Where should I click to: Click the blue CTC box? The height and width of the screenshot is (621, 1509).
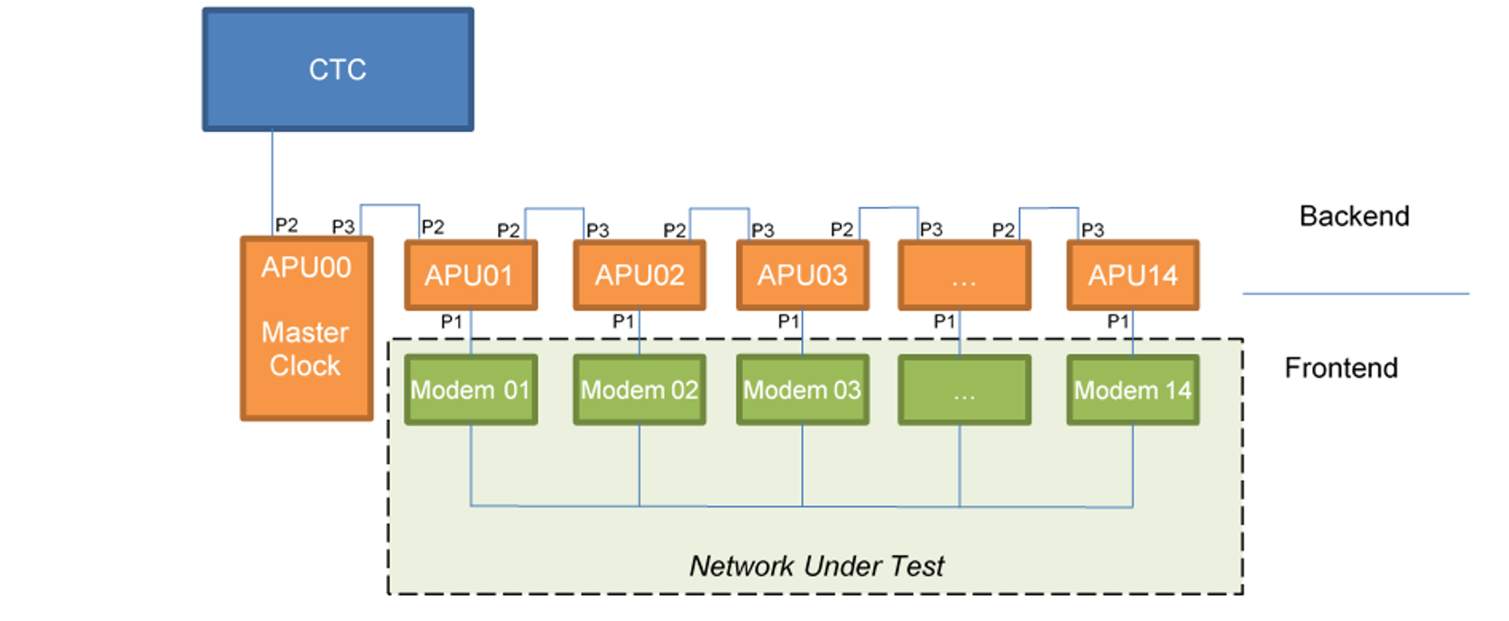click(338, 70)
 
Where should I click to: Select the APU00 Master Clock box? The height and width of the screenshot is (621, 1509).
click(308, 329)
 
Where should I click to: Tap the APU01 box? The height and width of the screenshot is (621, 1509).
click(471, 275)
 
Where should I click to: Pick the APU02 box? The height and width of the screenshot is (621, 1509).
click(639, 275)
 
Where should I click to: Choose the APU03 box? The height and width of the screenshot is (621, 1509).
click(803, 275)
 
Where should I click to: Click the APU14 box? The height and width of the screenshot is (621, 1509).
click(1133, 275)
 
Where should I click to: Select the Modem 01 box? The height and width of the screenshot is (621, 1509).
click(471, 390)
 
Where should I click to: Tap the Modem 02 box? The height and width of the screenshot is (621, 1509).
click(639, 390)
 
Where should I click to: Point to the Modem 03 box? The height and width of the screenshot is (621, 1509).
click(803, 390)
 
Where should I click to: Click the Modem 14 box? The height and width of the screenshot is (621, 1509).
click(1133, 390)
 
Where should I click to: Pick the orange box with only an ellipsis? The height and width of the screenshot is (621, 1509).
click(965, 275)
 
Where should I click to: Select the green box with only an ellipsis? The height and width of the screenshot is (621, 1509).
click(965, 390)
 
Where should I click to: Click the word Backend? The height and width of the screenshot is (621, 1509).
click(1354, 217)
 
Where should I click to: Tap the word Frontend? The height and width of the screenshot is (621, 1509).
click(1341, 368)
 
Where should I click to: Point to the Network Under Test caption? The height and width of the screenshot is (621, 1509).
click(816, 566)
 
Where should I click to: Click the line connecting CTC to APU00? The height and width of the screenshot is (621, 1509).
click(272, 183)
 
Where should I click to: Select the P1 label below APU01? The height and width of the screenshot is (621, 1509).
click(451, 321)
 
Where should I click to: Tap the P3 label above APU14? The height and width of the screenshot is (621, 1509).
click(1092, 230)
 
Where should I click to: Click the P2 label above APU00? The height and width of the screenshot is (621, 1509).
click(286, 226)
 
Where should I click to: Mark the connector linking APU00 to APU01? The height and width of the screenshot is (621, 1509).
click(390, 205)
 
